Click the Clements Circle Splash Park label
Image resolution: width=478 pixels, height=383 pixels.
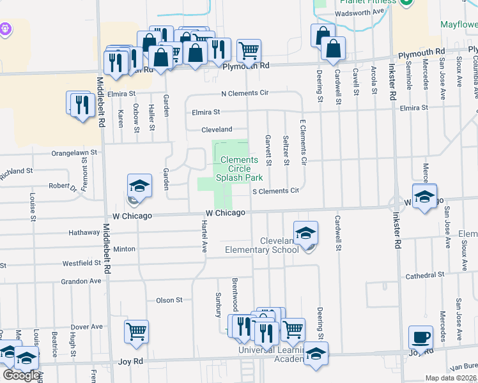coord(239,169)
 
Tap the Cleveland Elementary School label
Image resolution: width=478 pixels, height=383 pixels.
coord(262,245)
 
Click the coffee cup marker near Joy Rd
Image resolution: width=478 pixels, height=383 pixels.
coord(420,338)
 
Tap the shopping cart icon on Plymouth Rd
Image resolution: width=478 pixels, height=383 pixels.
coord(249,50)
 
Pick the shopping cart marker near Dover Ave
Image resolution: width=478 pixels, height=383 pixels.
coord(136,332)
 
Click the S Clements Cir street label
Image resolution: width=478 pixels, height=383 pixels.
coord(276,191)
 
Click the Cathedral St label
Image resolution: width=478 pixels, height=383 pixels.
coord(424,274)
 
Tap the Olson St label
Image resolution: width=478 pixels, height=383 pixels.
coord(169,299)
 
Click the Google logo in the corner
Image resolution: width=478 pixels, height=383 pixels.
coord(21,376)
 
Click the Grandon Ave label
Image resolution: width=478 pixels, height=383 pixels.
coord(81,281)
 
